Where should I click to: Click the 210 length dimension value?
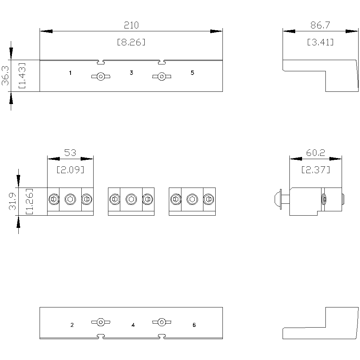[x=131, y=25]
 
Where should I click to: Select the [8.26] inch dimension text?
[x=131, y=42]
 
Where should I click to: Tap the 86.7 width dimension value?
[x=320, y=25]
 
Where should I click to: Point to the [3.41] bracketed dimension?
[x=320, y=42]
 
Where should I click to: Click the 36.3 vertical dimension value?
[x=5, y=76]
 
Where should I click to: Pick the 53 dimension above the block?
[x=70, y=153]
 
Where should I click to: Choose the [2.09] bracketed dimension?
[x=70, y=170]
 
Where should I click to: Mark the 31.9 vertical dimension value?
[x=13, y=201]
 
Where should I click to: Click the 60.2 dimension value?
[x=316, y=153]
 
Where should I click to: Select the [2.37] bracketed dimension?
[x=316, y=170]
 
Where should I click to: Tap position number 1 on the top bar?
[x=70, y=73]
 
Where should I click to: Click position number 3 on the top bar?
[x=131, y=73]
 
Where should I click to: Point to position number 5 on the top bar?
[x=192, y=73]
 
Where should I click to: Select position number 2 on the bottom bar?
[x=72, y=325]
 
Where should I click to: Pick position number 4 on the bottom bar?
[x=133, y=325]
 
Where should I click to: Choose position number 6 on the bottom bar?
[x=194, y=325]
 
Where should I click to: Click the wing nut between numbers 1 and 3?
[x=101, y=76]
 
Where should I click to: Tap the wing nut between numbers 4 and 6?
[x=162, y=322]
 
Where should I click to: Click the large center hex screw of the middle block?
[x=131, y=199]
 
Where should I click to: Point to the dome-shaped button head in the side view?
[x=278, y=199]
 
